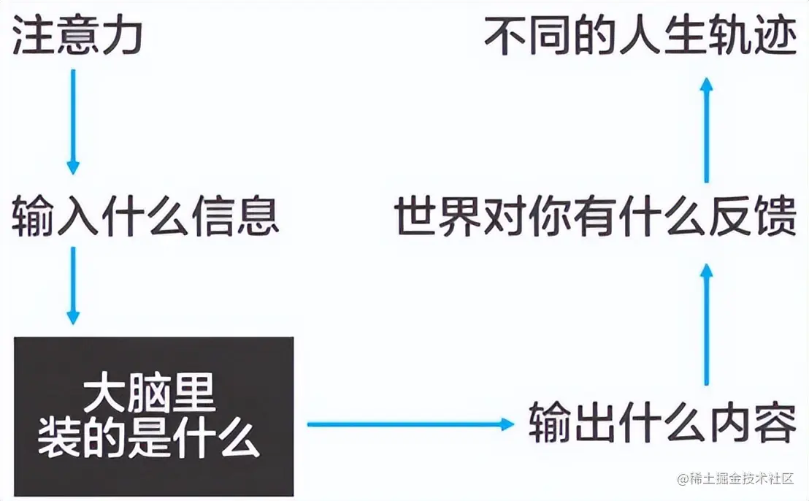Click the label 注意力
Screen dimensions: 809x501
click(x=77, y=37)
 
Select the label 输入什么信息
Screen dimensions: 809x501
click(x=145, y=216)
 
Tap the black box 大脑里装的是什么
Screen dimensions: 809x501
click(x=153, y=416)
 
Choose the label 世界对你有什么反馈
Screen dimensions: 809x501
click(x=594, y=216)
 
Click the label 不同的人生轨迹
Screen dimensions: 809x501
click(x=640, y=37)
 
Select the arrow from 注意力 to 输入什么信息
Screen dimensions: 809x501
click(x=73, y=121)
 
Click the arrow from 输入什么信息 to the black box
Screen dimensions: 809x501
click(x=73, y=285)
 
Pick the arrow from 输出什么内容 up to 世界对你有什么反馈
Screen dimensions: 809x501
click(x=706, y=325)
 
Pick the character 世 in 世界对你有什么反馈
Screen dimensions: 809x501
click(x=415, y=216)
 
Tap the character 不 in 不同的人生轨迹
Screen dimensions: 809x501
click(x=506, y=37)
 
